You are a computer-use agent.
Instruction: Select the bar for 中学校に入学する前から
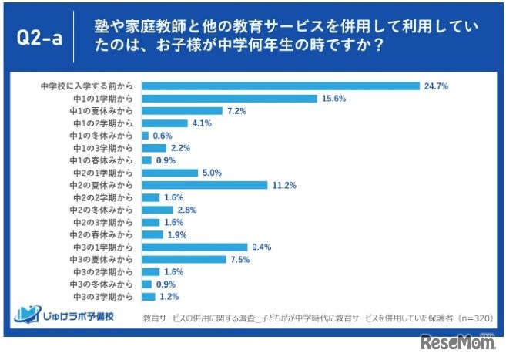point(280,86)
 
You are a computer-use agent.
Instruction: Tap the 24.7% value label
point(435,86)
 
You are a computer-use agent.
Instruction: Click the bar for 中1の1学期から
point(230,98)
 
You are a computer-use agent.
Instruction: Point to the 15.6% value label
point(333,98)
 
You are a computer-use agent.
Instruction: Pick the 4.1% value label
point(200,123)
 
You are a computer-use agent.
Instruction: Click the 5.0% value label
point(211,173)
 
